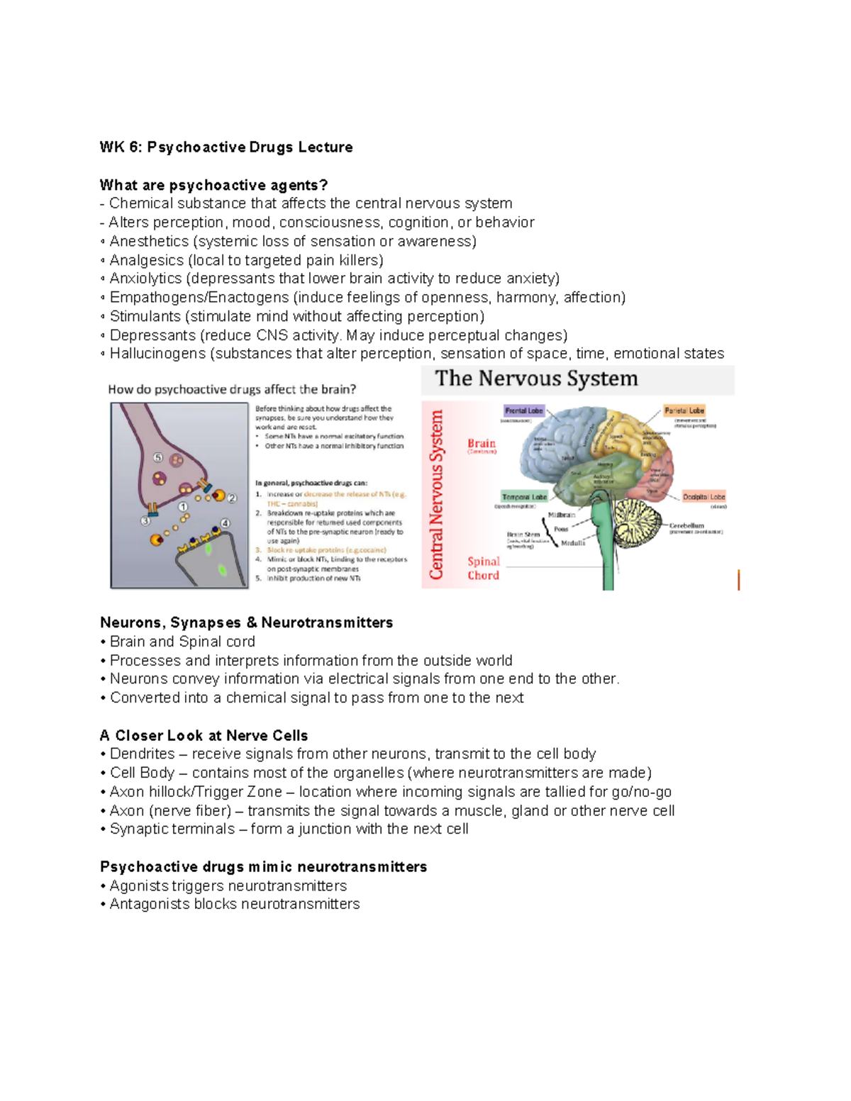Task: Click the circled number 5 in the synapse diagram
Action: coord(158,458)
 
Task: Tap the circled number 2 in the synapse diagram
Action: coord(232,498)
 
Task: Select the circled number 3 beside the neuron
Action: coord(145,520)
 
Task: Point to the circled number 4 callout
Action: coord(226,523)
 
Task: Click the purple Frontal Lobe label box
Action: coord(524,410)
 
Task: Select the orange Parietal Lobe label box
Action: coord(684,410)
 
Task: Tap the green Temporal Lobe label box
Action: coord(524,497)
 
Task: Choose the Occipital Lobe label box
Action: coord(703,497)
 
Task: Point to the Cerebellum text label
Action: coord(686,526)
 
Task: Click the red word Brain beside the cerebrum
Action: coord(482,443)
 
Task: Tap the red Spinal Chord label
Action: coord(483,568)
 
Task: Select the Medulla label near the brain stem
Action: coord(573,543)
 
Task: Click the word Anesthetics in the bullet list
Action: coord(149,242)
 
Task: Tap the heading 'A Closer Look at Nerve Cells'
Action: coord(204,735)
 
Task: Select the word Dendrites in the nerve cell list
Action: coord(142,754)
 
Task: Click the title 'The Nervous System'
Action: coord(536,379)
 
